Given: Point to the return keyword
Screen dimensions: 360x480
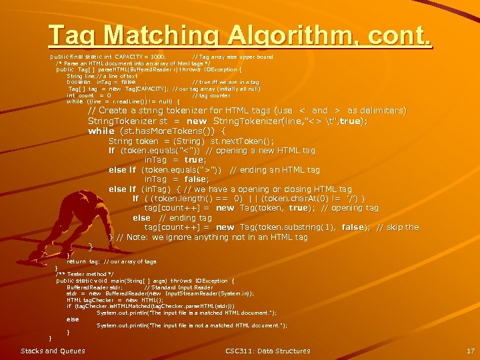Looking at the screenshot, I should click(x=76, y=262).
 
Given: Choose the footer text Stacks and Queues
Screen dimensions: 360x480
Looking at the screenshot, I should click(x=53, y=351).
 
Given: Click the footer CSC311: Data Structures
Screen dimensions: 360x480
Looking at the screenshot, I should click(x=267, y=351).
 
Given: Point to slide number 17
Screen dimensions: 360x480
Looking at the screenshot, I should click(x=470, y=351).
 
